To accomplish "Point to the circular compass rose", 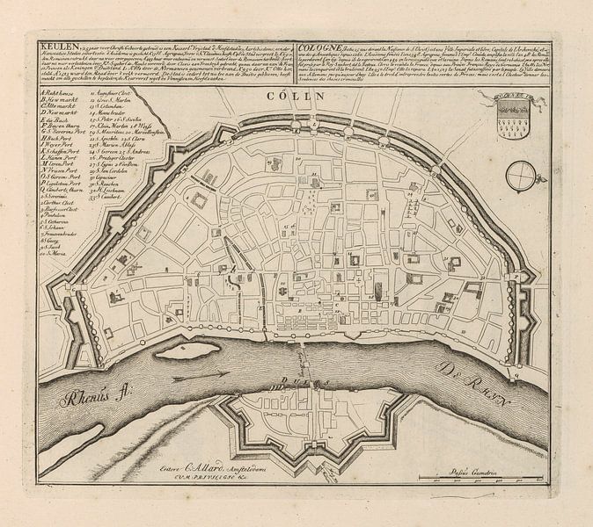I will click(556, 174).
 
